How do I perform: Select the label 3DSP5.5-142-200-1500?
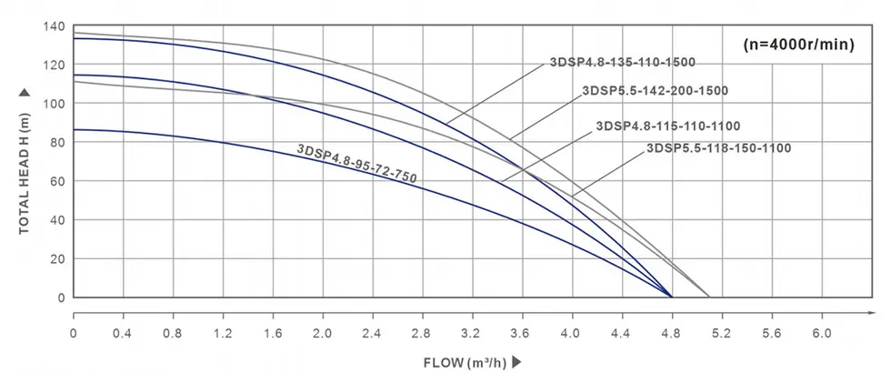point(655,91)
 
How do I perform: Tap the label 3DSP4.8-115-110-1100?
point(668,126)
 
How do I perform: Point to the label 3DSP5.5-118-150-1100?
point(719,147)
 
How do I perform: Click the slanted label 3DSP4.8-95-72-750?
point(356,165)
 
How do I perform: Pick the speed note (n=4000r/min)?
point(797,44)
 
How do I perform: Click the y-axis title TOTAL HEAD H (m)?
point(25,162)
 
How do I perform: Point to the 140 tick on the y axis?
point(55,25)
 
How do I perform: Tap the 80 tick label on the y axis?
point(58,142)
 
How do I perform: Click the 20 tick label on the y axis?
point(58,258)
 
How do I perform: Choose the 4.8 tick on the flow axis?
point(672,333)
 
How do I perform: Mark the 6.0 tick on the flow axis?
point(821,333)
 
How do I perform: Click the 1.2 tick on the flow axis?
point(223,333)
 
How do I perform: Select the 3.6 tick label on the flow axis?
point(522,333)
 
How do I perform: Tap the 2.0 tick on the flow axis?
point(323,333)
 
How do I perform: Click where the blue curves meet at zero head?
point(672,297)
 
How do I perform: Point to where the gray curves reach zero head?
point(709,297)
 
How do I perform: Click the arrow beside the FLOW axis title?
point(517,361)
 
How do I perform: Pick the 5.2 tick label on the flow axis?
point(721,333)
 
